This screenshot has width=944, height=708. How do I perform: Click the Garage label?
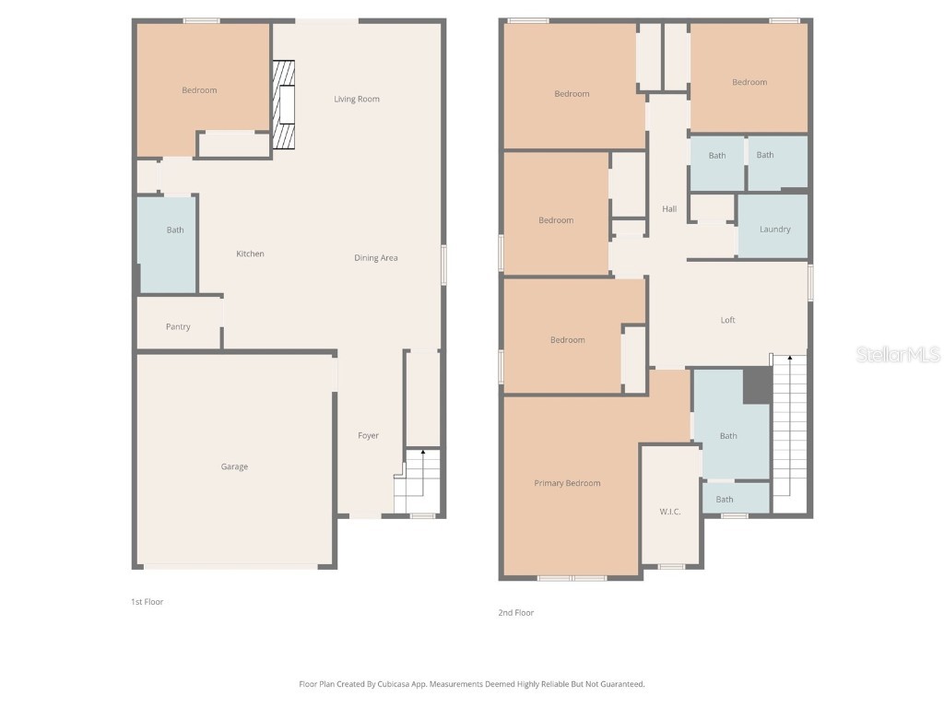tap(234, 466)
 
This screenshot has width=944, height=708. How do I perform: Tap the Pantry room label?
tap(178, 326)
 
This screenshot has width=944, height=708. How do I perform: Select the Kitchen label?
tap(250, 254)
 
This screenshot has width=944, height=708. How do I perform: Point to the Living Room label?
tap(357, 99)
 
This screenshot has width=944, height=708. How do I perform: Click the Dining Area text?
tap(376, 258)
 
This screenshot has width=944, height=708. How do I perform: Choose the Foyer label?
tap(368, 435)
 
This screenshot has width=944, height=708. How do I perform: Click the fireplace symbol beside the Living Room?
tap(284, 104)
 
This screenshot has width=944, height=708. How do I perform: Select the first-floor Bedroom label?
tap(199, 89)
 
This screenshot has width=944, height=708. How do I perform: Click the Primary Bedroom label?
tap(567, 483)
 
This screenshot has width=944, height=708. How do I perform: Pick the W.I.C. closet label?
tap(670, 512)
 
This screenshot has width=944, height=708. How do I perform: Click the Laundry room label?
tap(774, 229)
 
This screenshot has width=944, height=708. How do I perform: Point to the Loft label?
tap(728, 320)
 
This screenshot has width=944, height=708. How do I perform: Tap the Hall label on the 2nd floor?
tap(669, 209)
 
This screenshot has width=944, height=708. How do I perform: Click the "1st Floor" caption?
tap(147, 602)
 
